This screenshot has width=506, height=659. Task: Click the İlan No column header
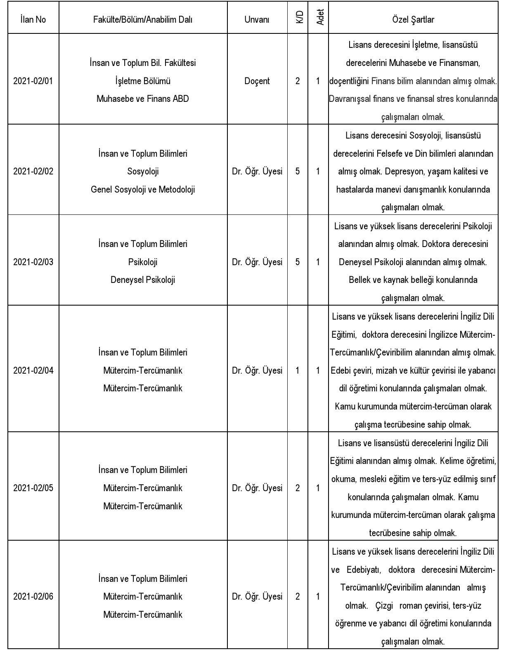(33, 19)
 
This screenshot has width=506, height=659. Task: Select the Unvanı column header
(257, 19)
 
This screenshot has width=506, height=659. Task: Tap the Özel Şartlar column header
(413, 19)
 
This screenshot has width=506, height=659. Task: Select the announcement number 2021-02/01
(33, 81)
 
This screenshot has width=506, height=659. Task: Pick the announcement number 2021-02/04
(33, 370)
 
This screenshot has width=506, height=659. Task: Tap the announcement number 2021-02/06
(33, 596)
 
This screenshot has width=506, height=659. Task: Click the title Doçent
(257, 81)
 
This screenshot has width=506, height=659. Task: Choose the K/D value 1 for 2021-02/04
(298, 370)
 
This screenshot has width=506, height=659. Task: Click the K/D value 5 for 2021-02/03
(298, 262)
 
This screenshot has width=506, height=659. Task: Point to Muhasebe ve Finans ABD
(143, 99)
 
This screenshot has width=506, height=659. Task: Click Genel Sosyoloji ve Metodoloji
(143, 189)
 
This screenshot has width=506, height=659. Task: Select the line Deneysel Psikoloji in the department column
(143, 280)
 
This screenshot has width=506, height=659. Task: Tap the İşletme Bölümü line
(143, 81)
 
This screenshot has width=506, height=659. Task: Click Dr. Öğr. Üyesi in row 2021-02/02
(257, 171)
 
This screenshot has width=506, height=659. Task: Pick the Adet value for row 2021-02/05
(318, 488)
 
